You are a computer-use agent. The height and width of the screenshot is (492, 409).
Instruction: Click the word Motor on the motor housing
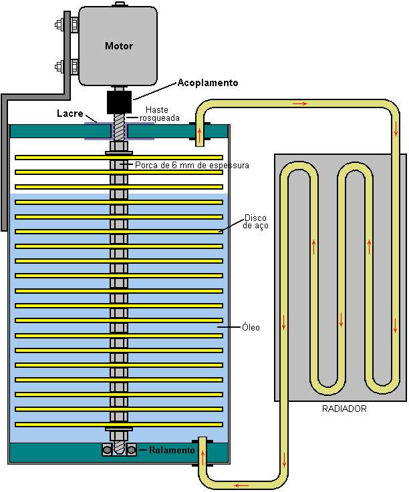coord(119,46)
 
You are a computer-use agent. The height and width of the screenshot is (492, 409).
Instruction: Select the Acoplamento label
coord(207,83)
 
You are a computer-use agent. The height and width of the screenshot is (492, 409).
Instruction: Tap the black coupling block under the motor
coord(119,102)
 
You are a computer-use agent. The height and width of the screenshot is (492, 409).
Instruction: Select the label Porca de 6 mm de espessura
coord(192,165)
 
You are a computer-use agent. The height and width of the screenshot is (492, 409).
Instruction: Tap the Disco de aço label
coord(255,222)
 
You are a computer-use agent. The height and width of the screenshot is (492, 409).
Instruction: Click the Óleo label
coord(251,327)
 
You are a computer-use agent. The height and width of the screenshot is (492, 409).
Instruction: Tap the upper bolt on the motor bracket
coord(59,27)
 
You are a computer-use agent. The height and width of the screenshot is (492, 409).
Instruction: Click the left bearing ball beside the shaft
coord(107,451)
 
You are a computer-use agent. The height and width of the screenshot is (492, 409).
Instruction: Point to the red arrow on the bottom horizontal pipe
coord(241,485)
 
